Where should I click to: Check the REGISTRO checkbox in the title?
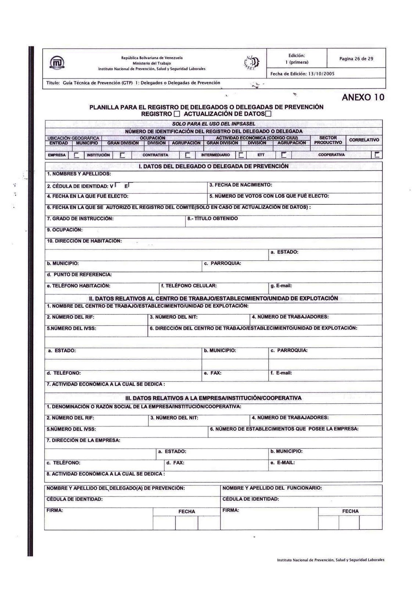point(177,114)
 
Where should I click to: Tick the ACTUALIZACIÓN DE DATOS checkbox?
point(269,114)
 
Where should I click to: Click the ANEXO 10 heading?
point(363,98)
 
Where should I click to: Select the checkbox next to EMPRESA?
point(76,155)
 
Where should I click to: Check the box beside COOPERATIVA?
point(377,155)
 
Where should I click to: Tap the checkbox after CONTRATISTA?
point(187,155)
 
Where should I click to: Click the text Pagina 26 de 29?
point(356,59)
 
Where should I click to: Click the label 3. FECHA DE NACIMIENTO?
point(241,185)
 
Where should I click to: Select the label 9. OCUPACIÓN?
point(65,230)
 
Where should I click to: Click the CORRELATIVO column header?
point(364,140)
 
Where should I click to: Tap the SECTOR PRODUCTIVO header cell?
point(328,140)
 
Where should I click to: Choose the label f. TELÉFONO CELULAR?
point(189,286)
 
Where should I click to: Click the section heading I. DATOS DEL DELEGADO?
point(213,166)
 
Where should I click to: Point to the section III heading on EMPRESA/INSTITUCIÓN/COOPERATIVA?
point(213,398)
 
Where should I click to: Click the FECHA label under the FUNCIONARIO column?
point(350,511)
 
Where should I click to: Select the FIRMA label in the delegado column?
point(55,511)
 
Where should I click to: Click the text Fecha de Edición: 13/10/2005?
point(302,74)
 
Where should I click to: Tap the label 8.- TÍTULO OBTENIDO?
point(212,219)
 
